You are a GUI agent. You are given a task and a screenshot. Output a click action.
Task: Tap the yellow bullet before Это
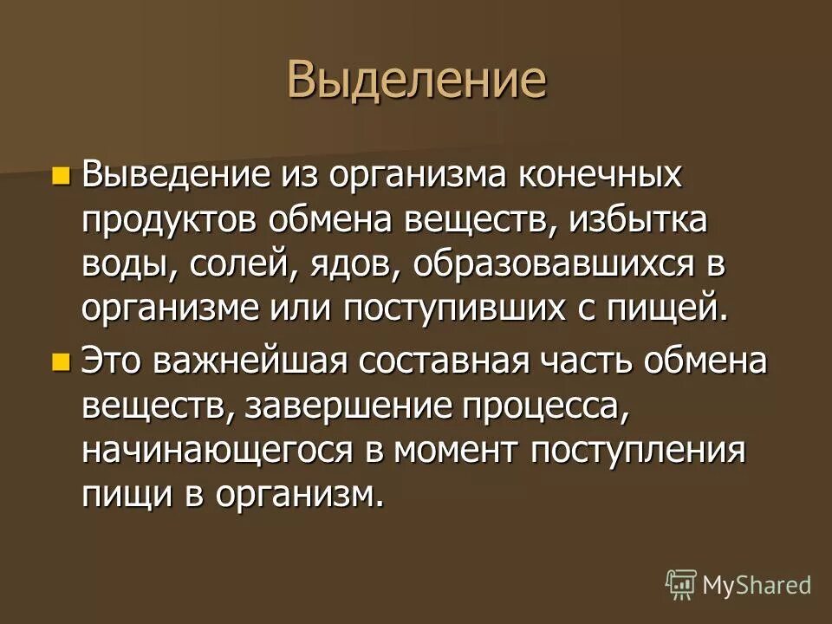[60, 362]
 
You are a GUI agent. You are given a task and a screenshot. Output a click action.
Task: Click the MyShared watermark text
[757, 585]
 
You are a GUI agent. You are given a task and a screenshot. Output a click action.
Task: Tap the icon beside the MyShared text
[680, 585]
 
